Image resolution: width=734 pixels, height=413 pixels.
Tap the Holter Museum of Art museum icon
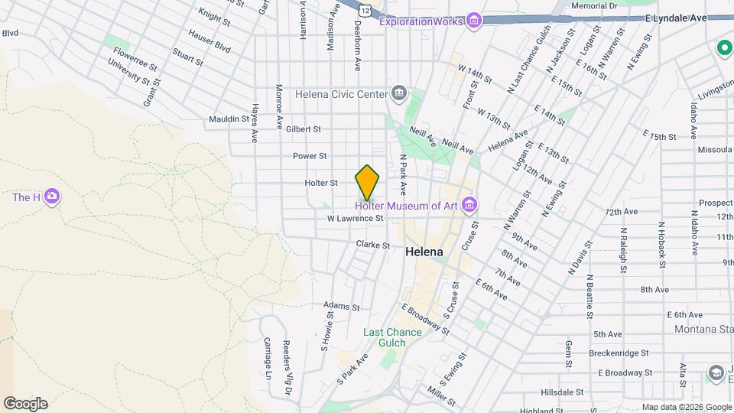[470, 205]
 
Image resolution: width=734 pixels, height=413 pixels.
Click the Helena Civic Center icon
[398, 94]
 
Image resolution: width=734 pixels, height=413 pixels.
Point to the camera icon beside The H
[52, 197]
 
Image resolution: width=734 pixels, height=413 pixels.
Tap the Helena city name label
[425, 251]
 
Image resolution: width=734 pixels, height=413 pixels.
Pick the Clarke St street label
[373, 245]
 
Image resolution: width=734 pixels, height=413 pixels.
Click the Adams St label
[341, 307]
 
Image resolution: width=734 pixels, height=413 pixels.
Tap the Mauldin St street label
[229, 119]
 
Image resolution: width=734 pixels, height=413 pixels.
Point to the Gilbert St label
[304, 129]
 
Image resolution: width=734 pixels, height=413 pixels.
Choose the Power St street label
[310, 156]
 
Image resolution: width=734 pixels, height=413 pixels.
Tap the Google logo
[25, 404]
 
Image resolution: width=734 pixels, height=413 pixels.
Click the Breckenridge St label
[619, 353]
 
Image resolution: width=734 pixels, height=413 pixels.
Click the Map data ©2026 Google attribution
[687, 407]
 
